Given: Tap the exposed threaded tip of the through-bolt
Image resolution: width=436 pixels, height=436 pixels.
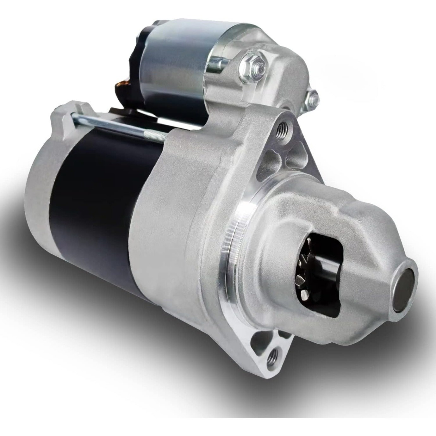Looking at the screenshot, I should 158,137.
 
